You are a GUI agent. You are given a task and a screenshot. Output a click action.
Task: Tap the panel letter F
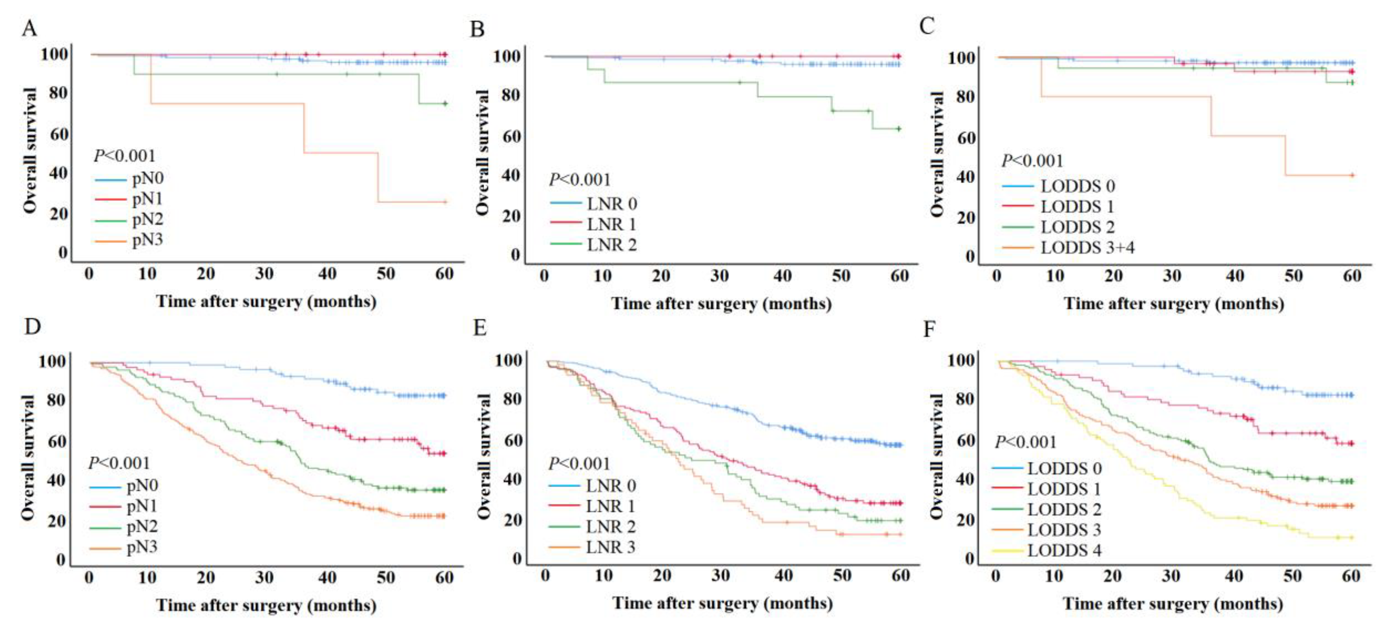[x=929, y=329]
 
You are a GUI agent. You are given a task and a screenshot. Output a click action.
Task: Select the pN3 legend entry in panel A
[x=147, y=239]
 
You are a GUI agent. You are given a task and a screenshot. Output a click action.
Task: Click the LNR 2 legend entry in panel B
[x=612, y=245]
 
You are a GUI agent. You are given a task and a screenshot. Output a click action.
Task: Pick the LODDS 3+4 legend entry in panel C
[x=1087, y=247]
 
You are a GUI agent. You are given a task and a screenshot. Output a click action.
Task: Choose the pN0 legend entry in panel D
[x=142, y=486]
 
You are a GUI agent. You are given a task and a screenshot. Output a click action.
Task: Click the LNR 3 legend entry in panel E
[x=611, y=547]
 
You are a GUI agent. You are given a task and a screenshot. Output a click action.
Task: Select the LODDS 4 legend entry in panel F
[x=1064, y=550]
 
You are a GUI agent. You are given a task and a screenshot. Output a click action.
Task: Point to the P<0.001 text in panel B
[x=579, y=180]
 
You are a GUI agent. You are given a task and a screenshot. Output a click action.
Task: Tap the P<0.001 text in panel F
[x=1025, y=442]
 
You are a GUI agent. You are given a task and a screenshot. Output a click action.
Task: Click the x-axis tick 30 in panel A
[x=264, y=274]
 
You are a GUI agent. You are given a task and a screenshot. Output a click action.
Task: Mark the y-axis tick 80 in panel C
[x=966, y=97]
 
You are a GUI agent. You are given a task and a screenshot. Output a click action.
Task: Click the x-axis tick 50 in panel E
[x=842, y=575]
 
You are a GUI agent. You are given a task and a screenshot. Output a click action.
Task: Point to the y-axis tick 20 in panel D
[x=56, y=520]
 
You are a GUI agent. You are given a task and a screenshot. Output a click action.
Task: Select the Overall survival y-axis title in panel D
[x=28, y=457]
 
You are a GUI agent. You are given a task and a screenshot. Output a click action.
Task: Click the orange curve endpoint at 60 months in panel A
[x=444, y=202]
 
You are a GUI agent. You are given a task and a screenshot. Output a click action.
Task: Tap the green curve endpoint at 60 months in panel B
[x=898, y=129]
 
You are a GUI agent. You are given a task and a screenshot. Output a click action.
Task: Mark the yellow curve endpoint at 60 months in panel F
[x=1351, y=537]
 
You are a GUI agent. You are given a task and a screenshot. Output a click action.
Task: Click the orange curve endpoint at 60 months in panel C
[x=1352, y=175]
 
